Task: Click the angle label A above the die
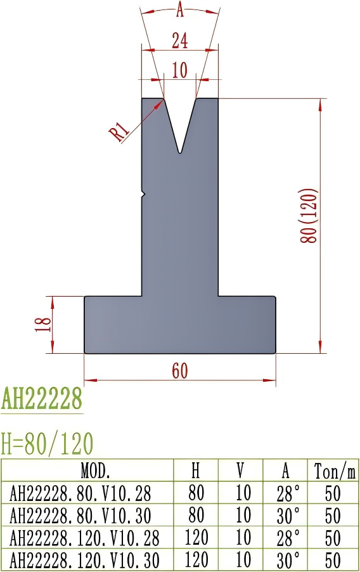tap(180, 10)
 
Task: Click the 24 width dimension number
tap(180, 41)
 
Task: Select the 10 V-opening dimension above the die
tap(180, 70)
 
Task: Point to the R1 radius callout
tap(120, 132)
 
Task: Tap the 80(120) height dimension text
tap(309, 216)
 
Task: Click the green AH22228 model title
tap(42, 400)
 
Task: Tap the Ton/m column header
tap(333, 471)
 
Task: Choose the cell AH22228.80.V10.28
tap(89, 493)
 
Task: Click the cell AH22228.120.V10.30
tap(89, 560)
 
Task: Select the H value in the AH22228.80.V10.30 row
tap(196, 515)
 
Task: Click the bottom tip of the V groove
tap(181, 152)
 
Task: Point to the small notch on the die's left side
tap(144, 193)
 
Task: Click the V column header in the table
tap(240, 471)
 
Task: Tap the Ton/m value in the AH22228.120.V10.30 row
tap(333, 560)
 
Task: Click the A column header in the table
tap(285, 471)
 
